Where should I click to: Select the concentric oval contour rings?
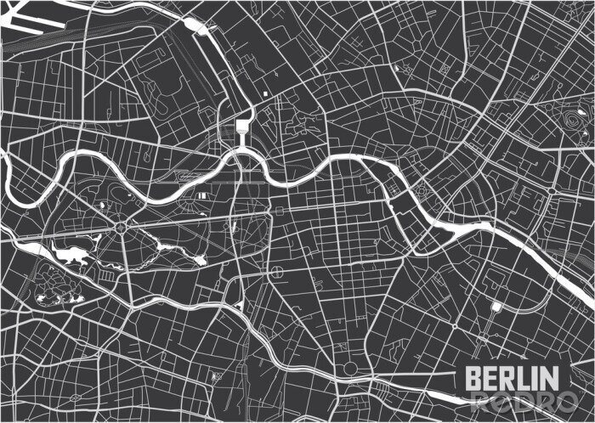pos(566,120)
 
